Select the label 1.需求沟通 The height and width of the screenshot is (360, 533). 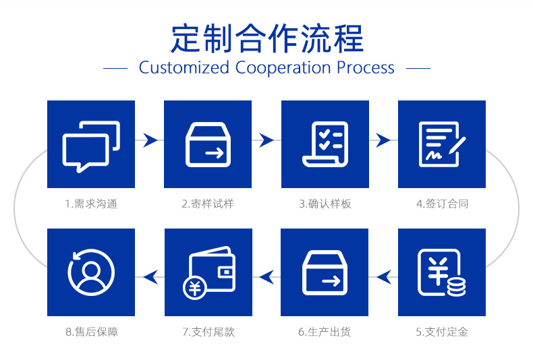(x=91, y=204)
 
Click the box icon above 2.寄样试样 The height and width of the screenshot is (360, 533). (x=208, y=144)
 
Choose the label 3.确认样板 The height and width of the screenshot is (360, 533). (x=325, y=204)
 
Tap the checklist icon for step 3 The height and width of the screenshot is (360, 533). (x=325, y=144)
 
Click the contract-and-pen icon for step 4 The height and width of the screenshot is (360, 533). (x=442, y=144)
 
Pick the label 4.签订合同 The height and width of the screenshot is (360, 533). (x=442, y=204)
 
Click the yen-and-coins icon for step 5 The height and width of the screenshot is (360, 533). (x=442, y=272)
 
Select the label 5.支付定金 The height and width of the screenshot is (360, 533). (x=442, y=332)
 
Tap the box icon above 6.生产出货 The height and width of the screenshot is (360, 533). (x=325, y=272)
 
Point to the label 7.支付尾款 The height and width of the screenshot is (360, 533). (x=208, y=332)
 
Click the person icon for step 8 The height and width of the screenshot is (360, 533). (x=91, y=272)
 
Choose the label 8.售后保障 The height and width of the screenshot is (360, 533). (x=91, y=332)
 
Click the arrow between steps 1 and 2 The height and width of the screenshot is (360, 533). (x=150, y=140)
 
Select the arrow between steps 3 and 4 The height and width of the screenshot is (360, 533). (x=383, y=140)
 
